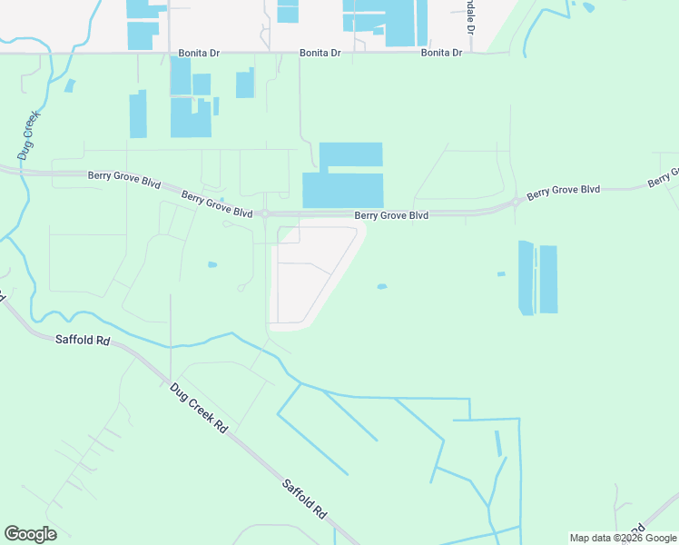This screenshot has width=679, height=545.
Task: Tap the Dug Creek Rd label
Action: [x=198, y=407]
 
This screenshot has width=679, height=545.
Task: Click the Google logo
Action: [x=30, y=534]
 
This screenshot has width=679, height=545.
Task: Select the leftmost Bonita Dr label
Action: [x=199, y=54]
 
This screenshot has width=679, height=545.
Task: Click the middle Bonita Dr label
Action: [x=320, y=54]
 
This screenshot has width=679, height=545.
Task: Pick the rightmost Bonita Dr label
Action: [x=442, y=54]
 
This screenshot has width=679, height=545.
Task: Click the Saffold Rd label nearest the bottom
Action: [x=303, y=499]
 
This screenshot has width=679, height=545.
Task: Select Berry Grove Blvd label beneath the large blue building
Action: [x=391, y=215]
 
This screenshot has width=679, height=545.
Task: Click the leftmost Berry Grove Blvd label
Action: [x=124, y=178]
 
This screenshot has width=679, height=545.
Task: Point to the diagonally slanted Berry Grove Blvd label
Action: [x=216, y=203]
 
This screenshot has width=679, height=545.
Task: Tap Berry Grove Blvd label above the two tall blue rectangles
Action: [x=564, y=191]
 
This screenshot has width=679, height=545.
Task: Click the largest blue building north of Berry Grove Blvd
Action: [x=343, y=176]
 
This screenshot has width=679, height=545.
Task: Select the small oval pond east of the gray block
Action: [x=382, y=286]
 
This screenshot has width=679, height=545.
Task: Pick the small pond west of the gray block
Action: [x=212, y=264]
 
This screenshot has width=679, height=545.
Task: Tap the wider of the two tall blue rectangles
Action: [x=548, y=279]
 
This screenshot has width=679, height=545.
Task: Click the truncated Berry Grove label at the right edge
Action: [x=664, y=178]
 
